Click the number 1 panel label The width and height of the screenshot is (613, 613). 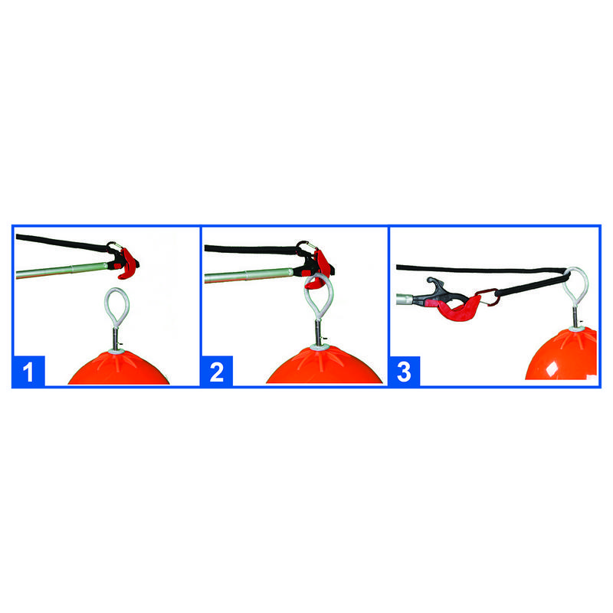pos(28,371)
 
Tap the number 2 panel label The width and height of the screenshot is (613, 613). pos(217,371)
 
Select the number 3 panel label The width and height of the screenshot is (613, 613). pos(405,372)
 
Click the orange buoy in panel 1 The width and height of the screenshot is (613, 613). pos(119,369)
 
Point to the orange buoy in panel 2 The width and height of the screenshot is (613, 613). pos(323,366)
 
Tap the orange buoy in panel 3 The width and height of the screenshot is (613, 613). pos(563,356)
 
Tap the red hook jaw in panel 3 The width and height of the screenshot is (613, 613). pos(458,308)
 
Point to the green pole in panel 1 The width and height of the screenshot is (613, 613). pos(62,270)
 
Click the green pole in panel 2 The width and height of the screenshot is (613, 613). pos(249,275)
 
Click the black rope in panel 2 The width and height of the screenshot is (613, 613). pos(251,250)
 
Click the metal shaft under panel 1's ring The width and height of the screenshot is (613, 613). pos(116,339)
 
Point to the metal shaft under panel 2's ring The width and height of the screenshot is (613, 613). pos(319,333)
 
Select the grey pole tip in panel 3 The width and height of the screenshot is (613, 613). pos(404,300)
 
